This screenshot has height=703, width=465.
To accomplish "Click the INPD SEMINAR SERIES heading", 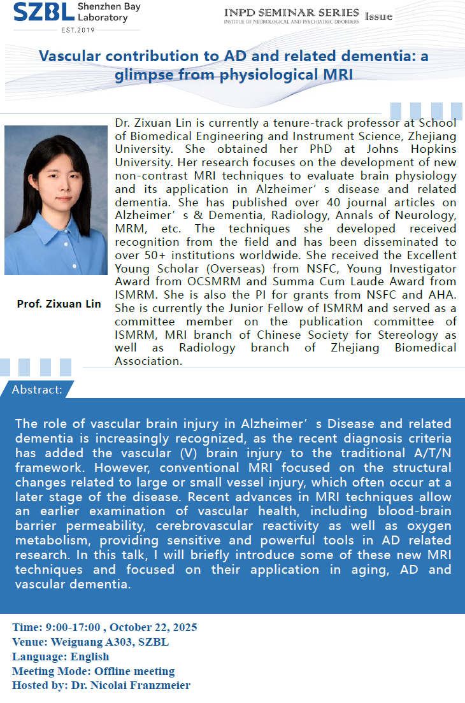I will point(291,13).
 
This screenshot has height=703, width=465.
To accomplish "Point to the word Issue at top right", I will point(378,17).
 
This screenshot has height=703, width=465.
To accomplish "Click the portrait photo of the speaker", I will point(56,200).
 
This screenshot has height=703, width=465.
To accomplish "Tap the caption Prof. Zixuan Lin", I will point(59,304).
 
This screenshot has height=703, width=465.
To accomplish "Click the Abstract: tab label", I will point(38,389).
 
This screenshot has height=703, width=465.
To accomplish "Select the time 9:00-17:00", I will point(67,628).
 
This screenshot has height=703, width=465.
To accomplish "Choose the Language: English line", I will point(61,657).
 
